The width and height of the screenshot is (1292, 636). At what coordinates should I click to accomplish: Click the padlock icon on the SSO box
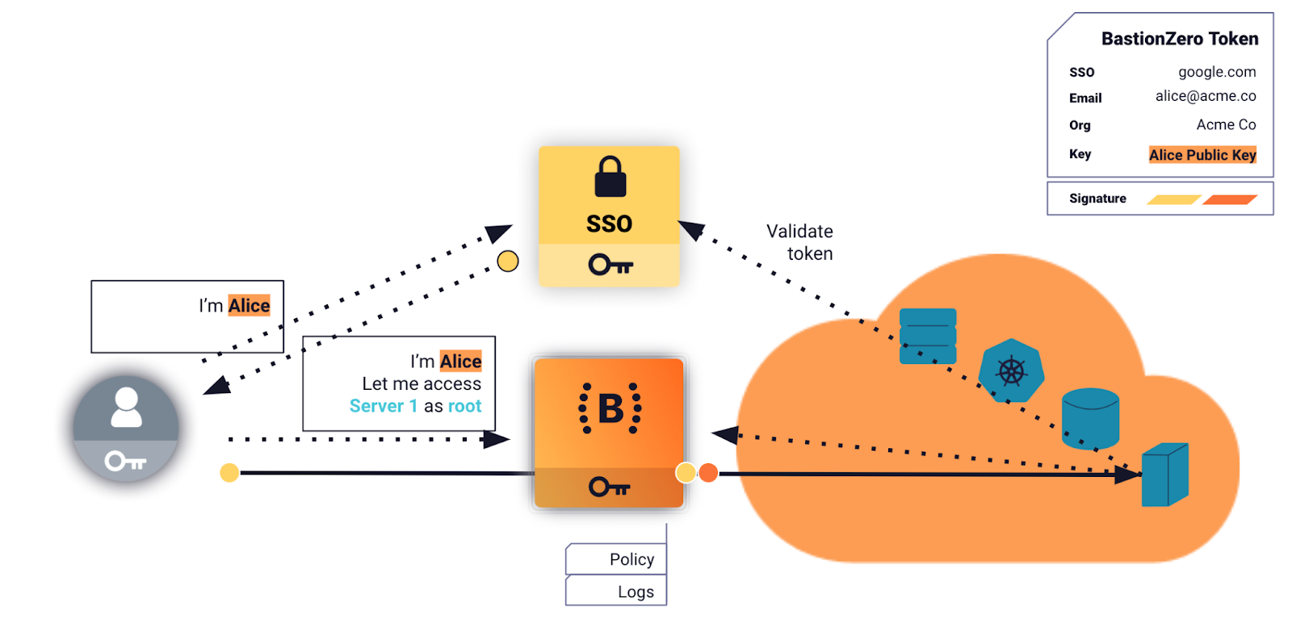coord(610,177)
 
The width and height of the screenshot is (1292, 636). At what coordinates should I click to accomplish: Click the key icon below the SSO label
coord(610,265)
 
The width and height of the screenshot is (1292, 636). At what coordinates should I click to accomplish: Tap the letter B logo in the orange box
coord(610,408)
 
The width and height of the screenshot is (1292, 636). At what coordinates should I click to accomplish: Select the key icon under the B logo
coord(610,487)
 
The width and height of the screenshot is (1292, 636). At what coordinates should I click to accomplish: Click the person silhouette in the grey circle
coord(126,408)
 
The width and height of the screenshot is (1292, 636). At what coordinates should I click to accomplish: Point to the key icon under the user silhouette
coord(125,462)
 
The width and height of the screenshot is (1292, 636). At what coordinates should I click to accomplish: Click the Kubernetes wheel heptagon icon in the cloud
coord(1011,371)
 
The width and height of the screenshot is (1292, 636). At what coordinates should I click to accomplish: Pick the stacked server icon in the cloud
coord(928,337)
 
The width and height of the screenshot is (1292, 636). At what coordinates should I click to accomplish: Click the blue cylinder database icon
coord(1090,417)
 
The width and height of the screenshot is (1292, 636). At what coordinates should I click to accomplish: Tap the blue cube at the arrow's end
coord(1164,475)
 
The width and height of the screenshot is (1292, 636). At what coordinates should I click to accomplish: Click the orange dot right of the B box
coord(708,473)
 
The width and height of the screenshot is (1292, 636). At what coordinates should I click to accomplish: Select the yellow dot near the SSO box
coord(508,262)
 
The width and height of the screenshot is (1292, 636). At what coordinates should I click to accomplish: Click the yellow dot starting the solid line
coord(229,473)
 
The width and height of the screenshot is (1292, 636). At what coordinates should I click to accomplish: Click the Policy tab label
coord(631,559)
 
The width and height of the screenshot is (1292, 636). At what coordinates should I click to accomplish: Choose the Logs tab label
coord(636,592)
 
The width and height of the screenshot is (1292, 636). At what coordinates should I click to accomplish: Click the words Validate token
coord(799,242)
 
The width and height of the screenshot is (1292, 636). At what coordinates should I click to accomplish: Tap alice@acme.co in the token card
coord(1206,96)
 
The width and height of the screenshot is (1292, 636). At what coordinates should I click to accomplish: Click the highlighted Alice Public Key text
coord(1202,155)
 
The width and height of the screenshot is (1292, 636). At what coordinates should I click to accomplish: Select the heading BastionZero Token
coord(1180,39)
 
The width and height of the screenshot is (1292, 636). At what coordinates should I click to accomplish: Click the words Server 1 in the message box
coord(384,406)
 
